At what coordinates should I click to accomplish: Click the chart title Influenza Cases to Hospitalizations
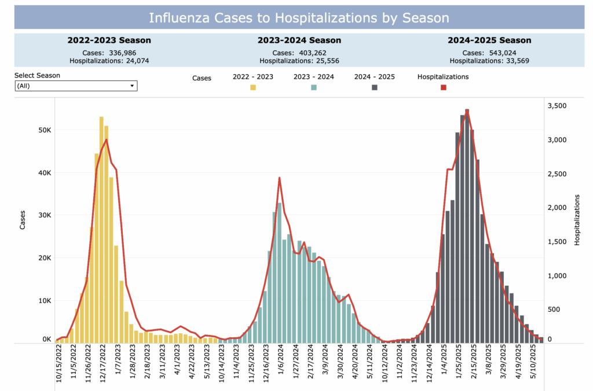click(299, 17)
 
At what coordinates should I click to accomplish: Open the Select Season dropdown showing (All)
click(76, 86)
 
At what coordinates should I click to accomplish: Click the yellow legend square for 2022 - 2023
click(253, 87)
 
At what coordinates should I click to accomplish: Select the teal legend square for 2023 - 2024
click(314, 87)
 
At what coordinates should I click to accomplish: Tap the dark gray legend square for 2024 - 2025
click(375, 87)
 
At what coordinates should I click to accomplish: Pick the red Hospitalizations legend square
click(444, 87)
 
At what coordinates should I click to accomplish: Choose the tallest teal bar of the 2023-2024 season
click(280, 272)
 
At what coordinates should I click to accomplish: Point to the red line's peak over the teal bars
click(280, 178)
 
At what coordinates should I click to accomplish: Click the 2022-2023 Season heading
click(109, 40)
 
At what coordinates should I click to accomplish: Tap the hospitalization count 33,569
click(510, 60)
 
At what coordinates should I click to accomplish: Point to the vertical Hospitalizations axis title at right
click(577, 220)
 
